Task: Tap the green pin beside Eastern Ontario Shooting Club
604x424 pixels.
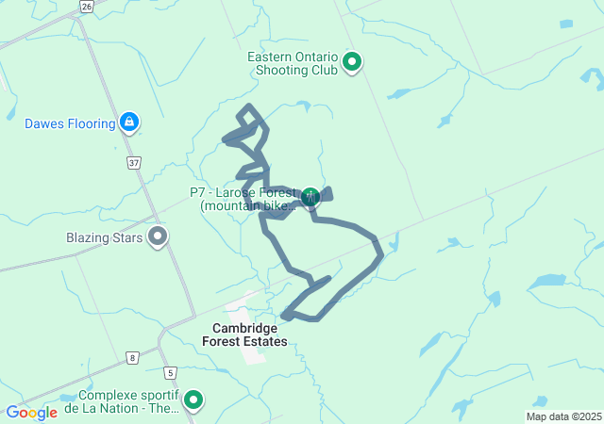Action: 352,63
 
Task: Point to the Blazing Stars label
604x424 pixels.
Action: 104,237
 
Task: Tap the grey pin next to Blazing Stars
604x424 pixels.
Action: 158,236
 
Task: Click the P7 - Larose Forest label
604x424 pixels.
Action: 243,199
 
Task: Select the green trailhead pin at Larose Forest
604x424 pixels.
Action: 310,195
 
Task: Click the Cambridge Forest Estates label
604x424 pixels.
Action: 244,334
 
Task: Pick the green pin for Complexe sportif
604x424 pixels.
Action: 193,400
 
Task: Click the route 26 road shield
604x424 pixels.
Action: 87,6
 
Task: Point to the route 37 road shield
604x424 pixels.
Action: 134,163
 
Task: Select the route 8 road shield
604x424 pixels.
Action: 132,357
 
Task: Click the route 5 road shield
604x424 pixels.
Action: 170,373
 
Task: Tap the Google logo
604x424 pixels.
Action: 31,413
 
